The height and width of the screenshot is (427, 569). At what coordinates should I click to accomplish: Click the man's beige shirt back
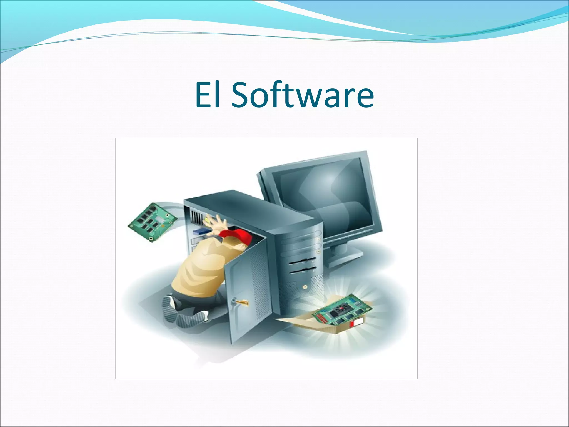click(x=194, y=267)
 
